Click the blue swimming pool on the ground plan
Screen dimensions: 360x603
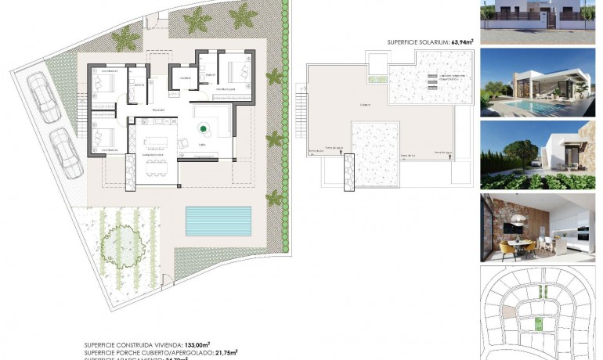[218, 221]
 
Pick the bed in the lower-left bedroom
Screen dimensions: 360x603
[102, 139]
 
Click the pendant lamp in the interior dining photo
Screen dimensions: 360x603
[518, 221]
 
